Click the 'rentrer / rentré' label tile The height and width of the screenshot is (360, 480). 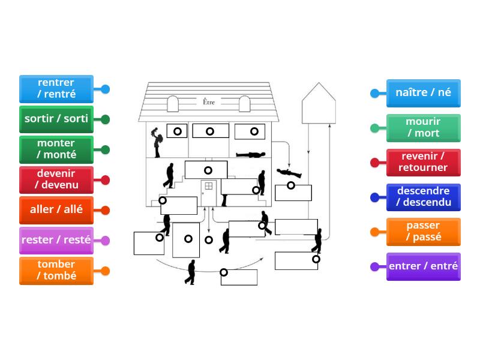coord(56,89)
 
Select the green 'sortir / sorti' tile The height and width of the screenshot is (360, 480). coord(56,119)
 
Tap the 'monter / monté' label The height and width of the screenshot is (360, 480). coord(56,149)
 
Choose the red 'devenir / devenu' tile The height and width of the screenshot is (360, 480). coord(56,179)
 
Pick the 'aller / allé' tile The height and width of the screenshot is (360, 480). coord(56,210)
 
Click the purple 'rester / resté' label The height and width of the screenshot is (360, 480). coord(56,240)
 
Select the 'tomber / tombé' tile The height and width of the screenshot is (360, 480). coord(56,271)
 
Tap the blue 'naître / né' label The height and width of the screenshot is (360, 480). coord(423,93)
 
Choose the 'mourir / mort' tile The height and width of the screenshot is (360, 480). coord(423,128)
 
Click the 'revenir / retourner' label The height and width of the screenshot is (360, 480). coord(423,162)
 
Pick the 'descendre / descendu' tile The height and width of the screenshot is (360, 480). coord(423,197)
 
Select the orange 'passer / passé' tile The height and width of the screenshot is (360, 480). coord(423,232)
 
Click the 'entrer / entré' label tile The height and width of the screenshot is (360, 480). coord(423,266)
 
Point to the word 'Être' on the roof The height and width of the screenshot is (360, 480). coord(208,102)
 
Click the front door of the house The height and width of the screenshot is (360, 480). coord(208,192)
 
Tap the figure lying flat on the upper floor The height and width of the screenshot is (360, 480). coord(250,155)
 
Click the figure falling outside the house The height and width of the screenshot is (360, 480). coord(289,173)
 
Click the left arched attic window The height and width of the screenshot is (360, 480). coord(173,104)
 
